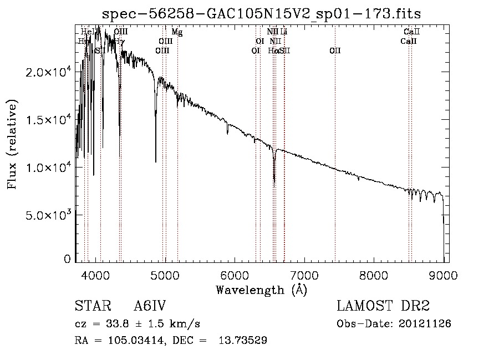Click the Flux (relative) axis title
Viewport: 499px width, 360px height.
pos(12,144)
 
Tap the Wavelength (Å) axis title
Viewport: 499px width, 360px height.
pos(261,290)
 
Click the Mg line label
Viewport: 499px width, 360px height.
pos(177,32)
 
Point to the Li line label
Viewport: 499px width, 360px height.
pos(284,32)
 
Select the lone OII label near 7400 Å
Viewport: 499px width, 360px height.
pos(335,50)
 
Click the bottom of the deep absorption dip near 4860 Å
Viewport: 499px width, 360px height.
pos(156,161)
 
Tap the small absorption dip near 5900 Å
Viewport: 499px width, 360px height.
pos(227,134)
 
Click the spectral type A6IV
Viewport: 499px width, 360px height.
pos(150,306)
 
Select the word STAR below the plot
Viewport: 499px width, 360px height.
pos(89,306)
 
